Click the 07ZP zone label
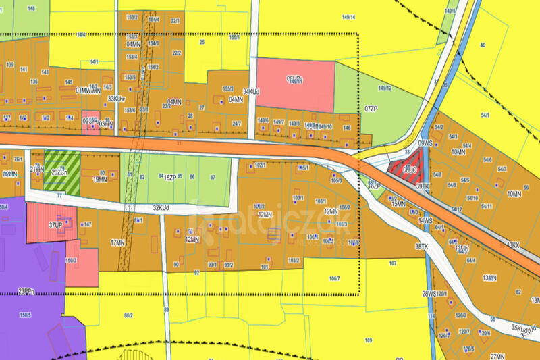click(371, 108)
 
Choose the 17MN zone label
click(117, 242)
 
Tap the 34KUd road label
click(252, 91)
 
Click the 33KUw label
click(117, 98)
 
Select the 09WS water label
click(425, 143)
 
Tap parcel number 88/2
click(128, 315)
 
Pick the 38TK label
click(422, 247)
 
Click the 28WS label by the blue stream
click(430, 294)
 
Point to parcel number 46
click(482, 45)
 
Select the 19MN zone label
click(100, 180)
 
